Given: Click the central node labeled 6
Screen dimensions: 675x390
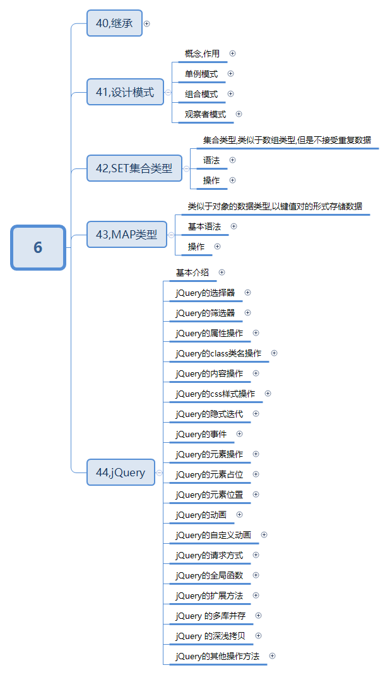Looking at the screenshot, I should (38, 247).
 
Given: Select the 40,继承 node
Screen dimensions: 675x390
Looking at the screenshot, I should (114, 23).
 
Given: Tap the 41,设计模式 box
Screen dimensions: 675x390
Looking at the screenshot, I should (125, 92).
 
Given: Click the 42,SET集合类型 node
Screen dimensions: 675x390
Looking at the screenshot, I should (134, 168).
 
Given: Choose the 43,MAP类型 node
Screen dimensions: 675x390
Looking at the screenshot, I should (126, 235).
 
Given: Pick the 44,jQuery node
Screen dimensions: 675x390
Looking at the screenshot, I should (121, 472).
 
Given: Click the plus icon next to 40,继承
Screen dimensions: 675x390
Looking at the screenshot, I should (147, 23).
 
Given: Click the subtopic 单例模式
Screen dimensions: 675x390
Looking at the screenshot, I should (201, 74).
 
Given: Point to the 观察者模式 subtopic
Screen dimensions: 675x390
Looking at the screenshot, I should (205, 114).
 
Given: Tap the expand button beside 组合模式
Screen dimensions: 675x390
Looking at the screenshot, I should (230, 94).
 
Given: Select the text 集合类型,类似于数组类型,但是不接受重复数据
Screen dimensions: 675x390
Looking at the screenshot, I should (287, 140).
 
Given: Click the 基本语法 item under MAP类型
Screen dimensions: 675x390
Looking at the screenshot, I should (204, 226).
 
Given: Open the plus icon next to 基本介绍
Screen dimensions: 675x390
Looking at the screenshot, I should (222, 273).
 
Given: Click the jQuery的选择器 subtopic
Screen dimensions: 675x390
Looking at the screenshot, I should (205, 293).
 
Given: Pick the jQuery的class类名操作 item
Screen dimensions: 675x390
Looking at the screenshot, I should (218, 353).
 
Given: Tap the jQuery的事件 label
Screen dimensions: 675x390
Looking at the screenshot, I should (201, 434).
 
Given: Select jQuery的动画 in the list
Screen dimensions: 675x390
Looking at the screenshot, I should (201, 515).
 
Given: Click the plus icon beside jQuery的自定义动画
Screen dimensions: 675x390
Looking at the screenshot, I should (264, 535).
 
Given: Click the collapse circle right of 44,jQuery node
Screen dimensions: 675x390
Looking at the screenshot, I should (159, 472).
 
